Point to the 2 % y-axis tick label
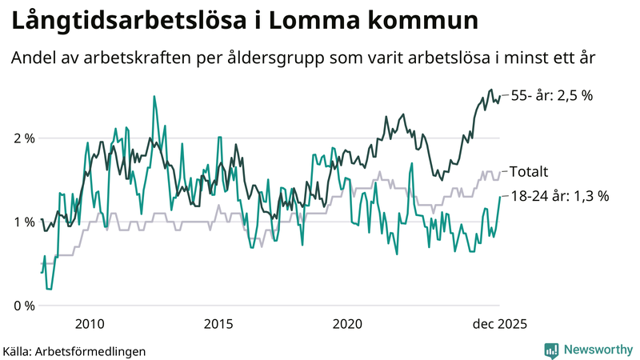coord(23,138)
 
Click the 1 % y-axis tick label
coord(23,222)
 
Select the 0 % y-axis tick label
coord(23,306)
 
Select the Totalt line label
coord(529,171)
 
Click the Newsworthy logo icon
coord(551,350)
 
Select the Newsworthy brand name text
coord(597,350)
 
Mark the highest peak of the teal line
coord(154,97)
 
